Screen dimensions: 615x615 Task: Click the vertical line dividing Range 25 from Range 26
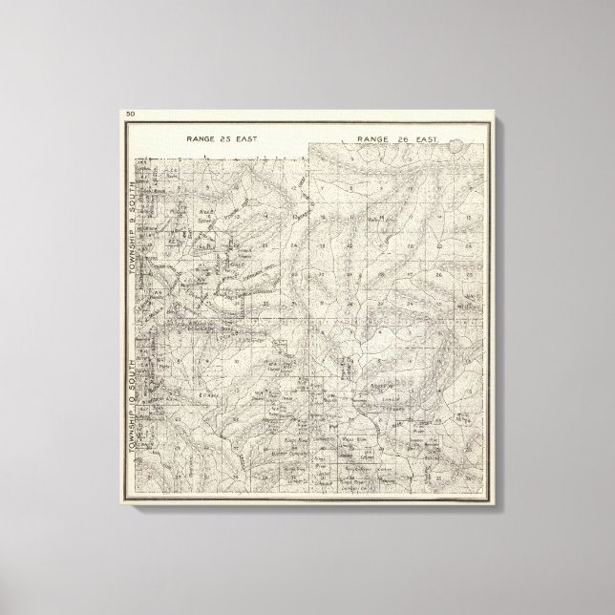(311, 239)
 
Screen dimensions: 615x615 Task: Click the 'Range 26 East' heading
(398, 139)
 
